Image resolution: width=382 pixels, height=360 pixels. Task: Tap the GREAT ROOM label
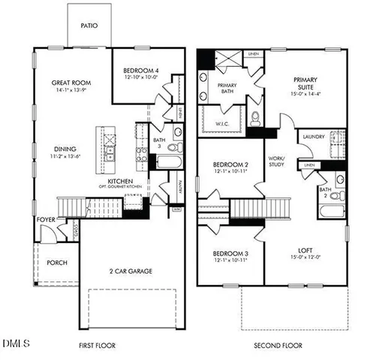pos(71,82)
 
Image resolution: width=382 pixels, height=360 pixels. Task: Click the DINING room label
pos(65,148)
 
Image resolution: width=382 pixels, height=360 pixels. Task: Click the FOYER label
pos(45,220)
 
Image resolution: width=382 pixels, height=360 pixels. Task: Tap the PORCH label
pos(57,262)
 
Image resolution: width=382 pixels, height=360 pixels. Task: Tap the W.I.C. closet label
pos(222,124)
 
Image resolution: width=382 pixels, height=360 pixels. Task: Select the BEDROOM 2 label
pos(231,164)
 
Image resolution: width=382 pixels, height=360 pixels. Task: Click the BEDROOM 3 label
pos(231,252)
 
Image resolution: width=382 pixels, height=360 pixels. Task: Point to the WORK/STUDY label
pos(279,162)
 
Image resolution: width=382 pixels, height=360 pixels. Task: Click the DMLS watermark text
pos(17,344)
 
